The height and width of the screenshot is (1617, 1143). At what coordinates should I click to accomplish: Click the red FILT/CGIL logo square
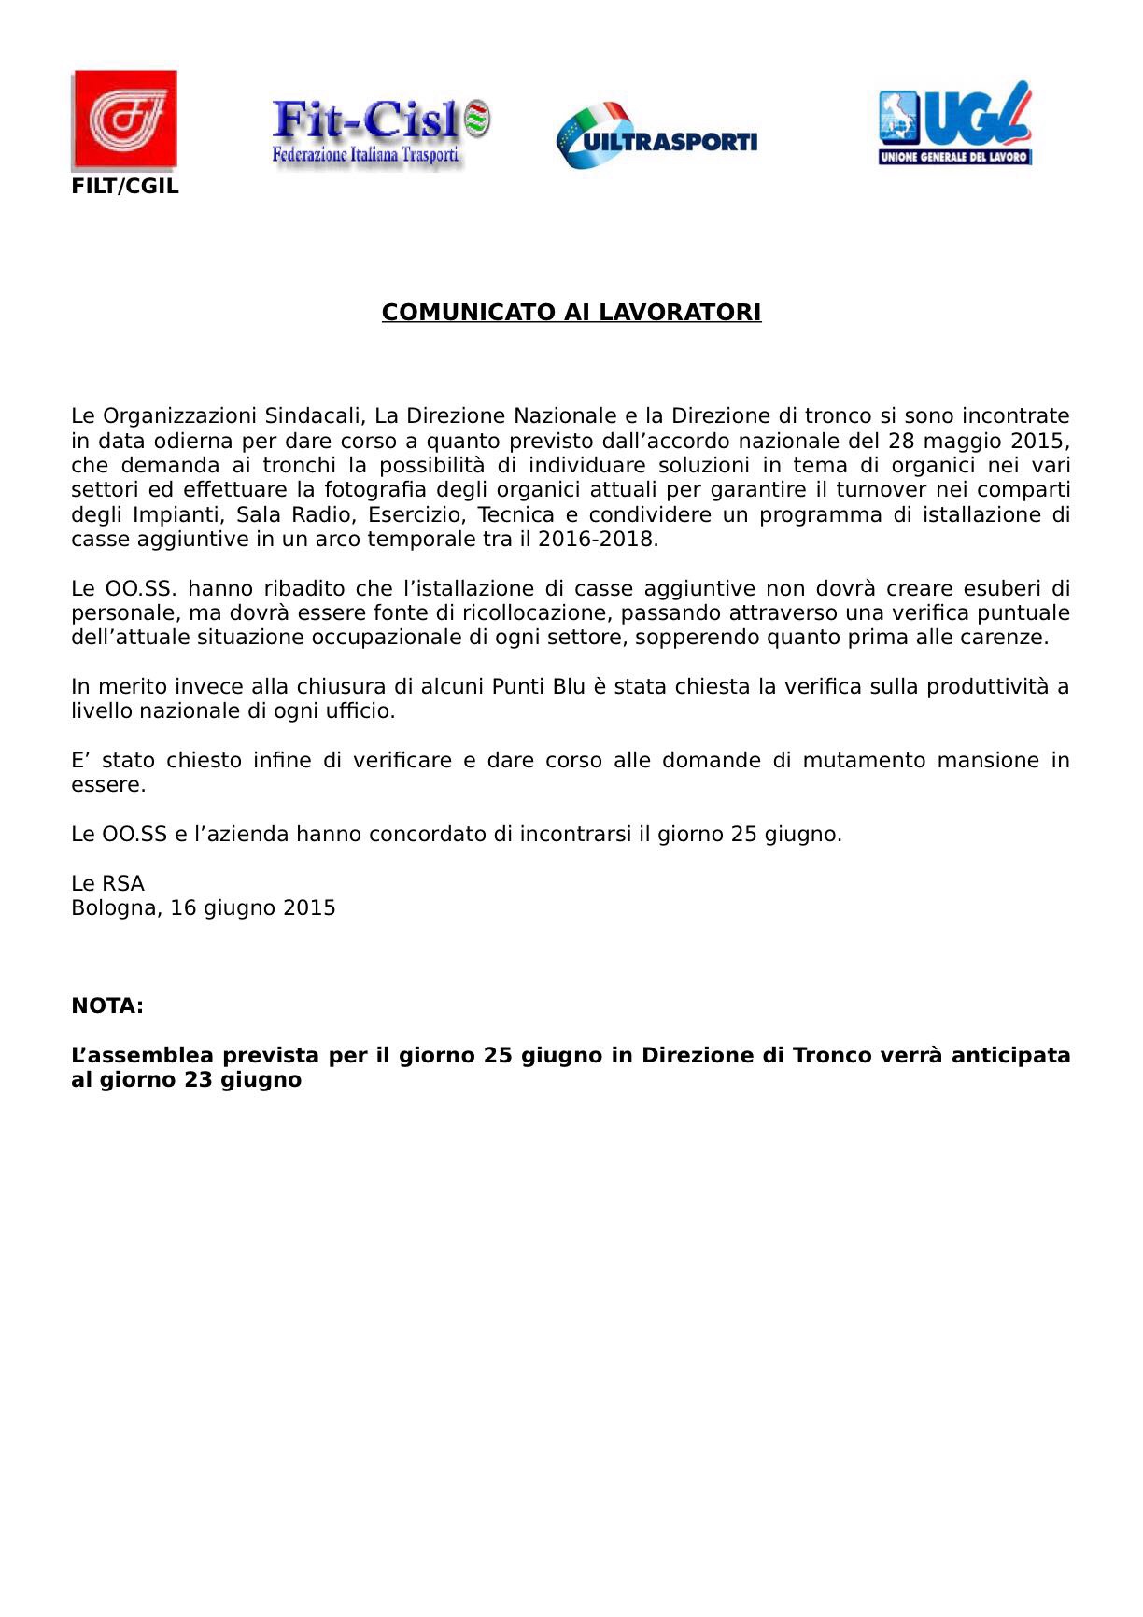(124, 120)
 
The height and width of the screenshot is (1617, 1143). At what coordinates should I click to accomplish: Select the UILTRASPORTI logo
(656, 136)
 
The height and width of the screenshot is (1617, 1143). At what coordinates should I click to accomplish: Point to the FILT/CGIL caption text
(125, 187)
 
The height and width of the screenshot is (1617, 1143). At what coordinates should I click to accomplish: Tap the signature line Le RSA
(108, 884)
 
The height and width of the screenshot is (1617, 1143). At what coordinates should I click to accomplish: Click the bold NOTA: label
(107, 1006)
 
